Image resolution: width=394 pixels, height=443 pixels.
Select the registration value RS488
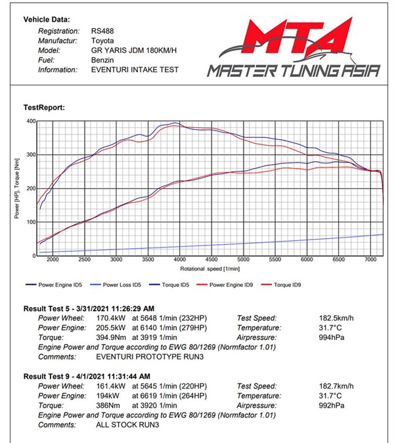pyautogui.click(x=102, y=31)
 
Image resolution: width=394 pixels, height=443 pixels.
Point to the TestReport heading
pyautogui.click(x=44, y=107)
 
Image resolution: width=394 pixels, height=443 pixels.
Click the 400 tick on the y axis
pyautogui.click(x=30, y=121)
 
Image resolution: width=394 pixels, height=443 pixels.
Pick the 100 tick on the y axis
pyautogui.click(x=30, y=222)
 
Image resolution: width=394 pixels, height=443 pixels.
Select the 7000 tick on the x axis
pyautogui.click(x=370, y=261)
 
